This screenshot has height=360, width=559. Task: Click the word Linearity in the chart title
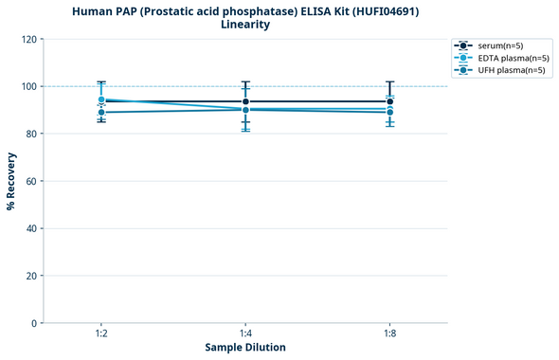coord(244,25)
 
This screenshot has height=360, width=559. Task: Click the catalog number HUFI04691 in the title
coord(377,10)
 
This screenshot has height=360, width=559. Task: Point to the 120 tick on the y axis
coord(28,39)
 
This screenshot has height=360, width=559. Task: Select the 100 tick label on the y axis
coord(28,86)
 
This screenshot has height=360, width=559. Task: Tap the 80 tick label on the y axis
coord(31,134)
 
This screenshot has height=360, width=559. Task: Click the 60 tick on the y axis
coord(31,181)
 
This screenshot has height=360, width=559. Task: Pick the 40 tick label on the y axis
coord(31,228)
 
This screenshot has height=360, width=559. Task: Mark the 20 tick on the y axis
coord(31,276)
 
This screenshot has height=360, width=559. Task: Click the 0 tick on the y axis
coord(34,323)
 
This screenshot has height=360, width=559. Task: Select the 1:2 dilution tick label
coord(101,334)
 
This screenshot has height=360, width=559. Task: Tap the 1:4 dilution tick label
coord(245,334)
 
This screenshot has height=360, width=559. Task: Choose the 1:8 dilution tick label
coord(389,334)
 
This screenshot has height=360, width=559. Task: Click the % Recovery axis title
coord(11,181)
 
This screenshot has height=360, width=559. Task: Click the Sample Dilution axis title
coord(245,348)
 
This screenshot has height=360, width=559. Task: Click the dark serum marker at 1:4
coord(245,101)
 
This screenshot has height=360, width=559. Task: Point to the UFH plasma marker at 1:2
coord(101,113)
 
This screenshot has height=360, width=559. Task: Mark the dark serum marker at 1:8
coord(389,101)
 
